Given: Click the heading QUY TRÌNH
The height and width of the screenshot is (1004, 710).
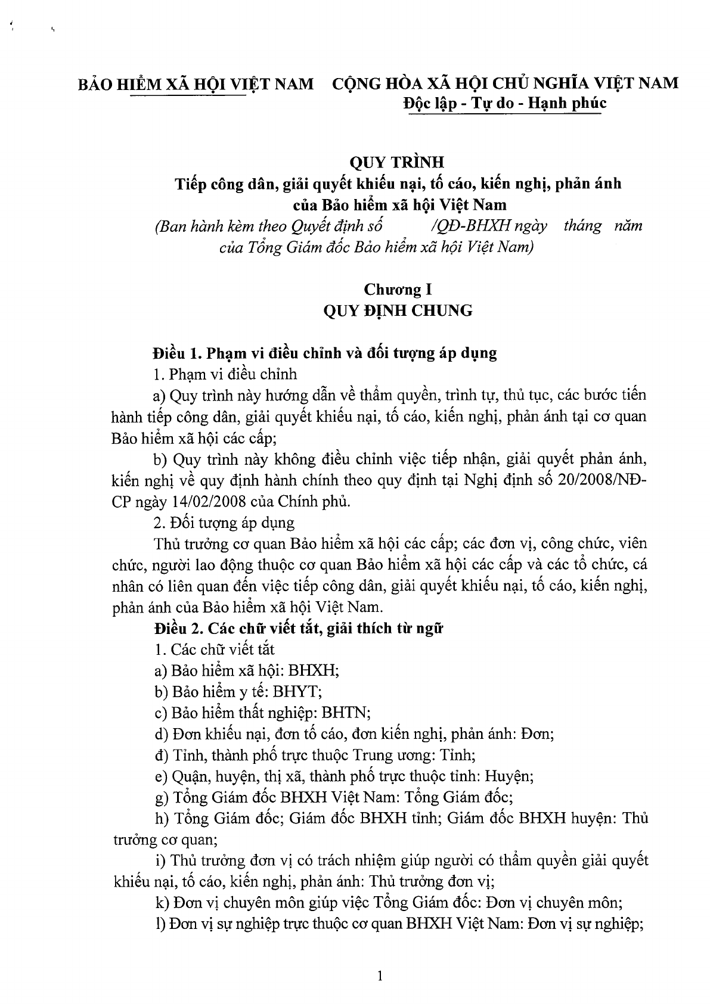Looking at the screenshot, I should (406, 162).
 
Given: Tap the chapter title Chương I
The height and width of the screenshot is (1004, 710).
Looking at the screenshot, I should (398, 290).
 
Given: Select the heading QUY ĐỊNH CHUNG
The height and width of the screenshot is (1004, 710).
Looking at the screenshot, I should (398, 310).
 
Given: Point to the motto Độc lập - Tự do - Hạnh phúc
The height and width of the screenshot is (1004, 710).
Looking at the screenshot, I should (504, 103).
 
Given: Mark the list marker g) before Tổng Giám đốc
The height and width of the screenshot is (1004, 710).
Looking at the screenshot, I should (161, 797).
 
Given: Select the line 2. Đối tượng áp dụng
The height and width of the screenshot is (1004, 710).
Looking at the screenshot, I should (224, 523).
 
